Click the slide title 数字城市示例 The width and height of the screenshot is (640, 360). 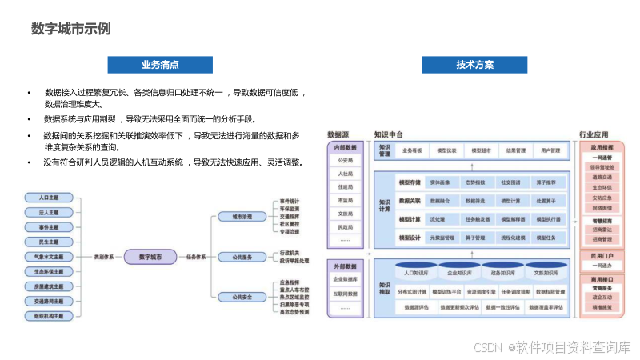point(70,29)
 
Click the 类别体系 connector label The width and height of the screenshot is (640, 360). point(104,257)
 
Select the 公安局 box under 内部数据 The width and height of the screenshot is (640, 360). point(346,161)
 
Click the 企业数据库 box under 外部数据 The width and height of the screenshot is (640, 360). point(346,279)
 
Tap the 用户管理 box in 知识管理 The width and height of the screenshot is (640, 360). point(550,150)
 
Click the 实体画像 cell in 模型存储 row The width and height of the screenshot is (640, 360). point(442,182)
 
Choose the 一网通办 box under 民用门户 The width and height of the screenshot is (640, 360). point(602,266)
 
